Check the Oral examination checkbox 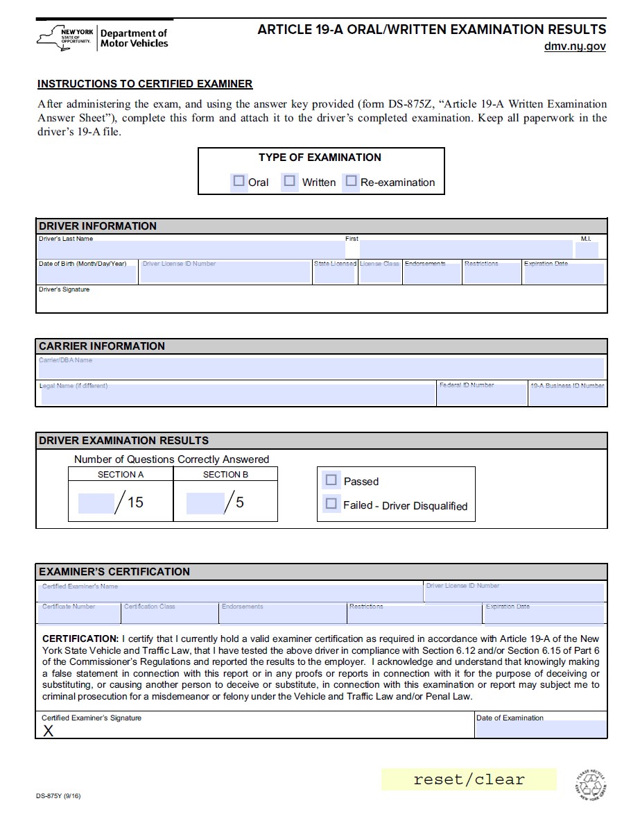pos(239,181)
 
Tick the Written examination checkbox pos(290,181)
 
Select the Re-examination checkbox pos(351,181)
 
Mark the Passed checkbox pos(331,480)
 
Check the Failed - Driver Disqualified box pos(331,504)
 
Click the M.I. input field pos(587,250)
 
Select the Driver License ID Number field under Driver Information pos(225,273)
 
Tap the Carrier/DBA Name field pos(321,369)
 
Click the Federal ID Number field pos(482,395)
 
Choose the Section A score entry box pos(96,503)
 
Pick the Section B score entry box pos(205,503)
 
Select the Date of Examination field pos(540,729)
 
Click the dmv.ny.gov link pos(575,46)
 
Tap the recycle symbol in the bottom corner pos(591,786)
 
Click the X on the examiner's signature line pos(49,731)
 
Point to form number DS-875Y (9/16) pos(59,796)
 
